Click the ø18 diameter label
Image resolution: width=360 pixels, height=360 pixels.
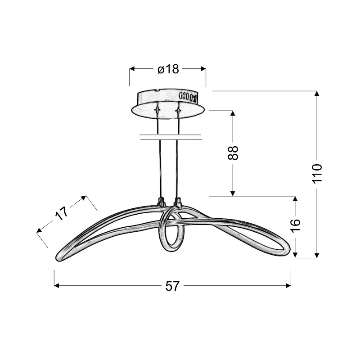pyautogui.click(x=168, y=69)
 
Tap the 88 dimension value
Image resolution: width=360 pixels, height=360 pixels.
pyautogui.click(x=233, y=153)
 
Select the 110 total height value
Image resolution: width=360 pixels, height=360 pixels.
pyautogui.click(x=317, y=174)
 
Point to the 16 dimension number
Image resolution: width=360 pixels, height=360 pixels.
pyautogui.click(x=296, y=226)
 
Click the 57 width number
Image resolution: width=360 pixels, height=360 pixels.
pyautogui.click(x=172, y=286)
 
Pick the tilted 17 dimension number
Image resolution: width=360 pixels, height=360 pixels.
pyautogui.click(x=62, y=213)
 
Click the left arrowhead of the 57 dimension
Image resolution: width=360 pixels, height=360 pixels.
pyautogui.click(x=57, y=286)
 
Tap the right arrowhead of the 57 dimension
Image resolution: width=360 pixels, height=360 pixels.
pyautogui.click(x=288, y=286)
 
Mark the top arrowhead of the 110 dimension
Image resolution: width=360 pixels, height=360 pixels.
pyautogui.click(x=317, y=94)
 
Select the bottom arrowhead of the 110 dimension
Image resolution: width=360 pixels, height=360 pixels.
pyautogui.click(x=317, y=255)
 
